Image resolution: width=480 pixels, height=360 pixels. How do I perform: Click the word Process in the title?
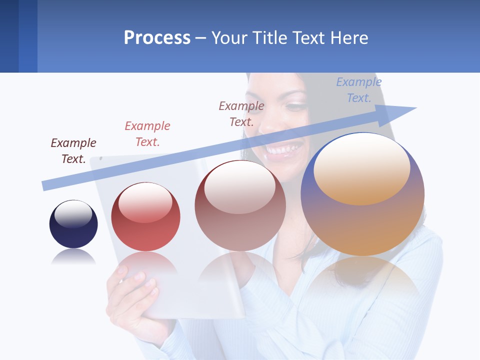[157, 37]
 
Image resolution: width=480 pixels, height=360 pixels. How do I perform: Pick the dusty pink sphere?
[240, 215]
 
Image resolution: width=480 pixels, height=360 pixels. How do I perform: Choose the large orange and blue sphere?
[362, 220]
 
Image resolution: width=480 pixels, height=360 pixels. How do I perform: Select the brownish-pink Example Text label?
[241, 113]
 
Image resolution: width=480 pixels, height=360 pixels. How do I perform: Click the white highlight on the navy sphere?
[73, 214]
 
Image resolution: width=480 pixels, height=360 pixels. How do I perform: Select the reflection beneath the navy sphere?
[73, 257]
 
